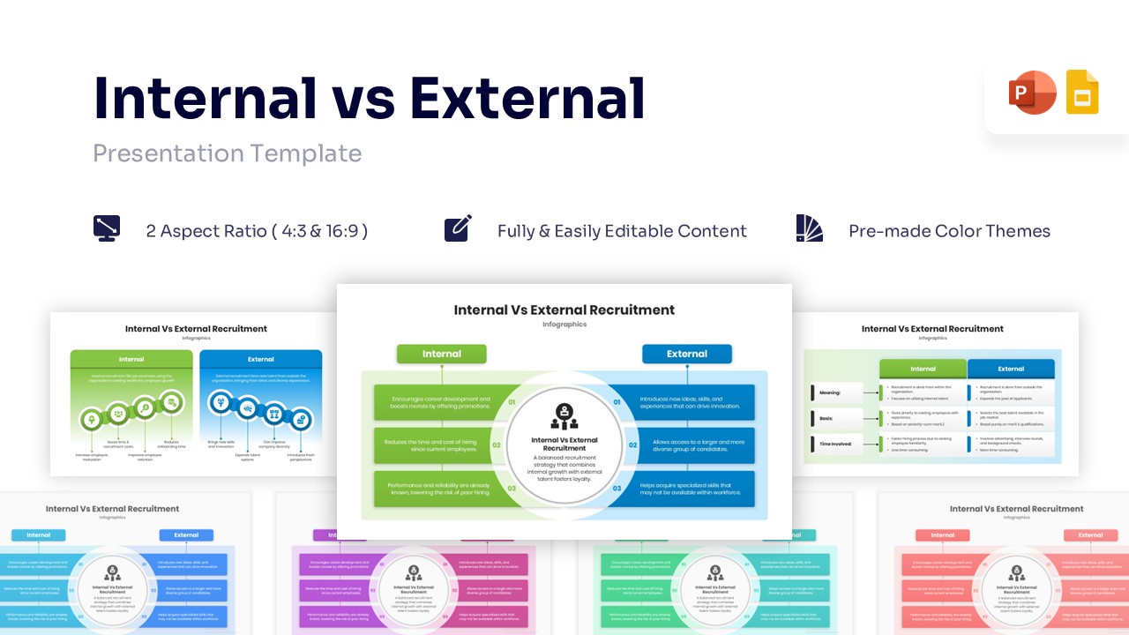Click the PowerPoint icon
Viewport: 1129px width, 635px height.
tap(1032, 93)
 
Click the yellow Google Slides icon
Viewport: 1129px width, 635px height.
tap(1082, 93)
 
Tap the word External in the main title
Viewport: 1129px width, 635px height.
tap(527, 97)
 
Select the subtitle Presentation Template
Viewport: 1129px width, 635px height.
tap(228, 153)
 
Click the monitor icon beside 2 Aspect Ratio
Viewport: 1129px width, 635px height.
tap(107, 228)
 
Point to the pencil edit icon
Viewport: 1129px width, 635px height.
tap(458, 228)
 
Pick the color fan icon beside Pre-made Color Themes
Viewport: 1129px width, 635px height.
tap(809, 228)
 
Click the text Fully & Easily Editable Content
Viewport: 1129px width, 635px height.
tap(622, 231)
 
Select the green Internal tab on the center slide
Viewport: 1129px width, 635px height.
tap(441, 354)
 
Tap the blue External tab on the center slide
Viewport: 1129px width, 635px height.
tap(686, 354)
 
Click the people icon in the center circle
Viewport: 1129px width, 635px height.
tap(564, 415)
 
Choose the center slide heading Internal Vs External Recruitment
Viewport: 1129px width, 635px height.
tap(564, 310)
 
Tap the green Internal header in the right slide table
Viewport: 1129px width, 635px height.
tap(923, 369)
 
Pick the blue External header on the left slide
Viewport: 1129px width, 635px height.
tap(261, 360)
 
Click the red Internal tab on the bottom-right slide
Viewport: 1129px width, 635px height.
tap(942, 535)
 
